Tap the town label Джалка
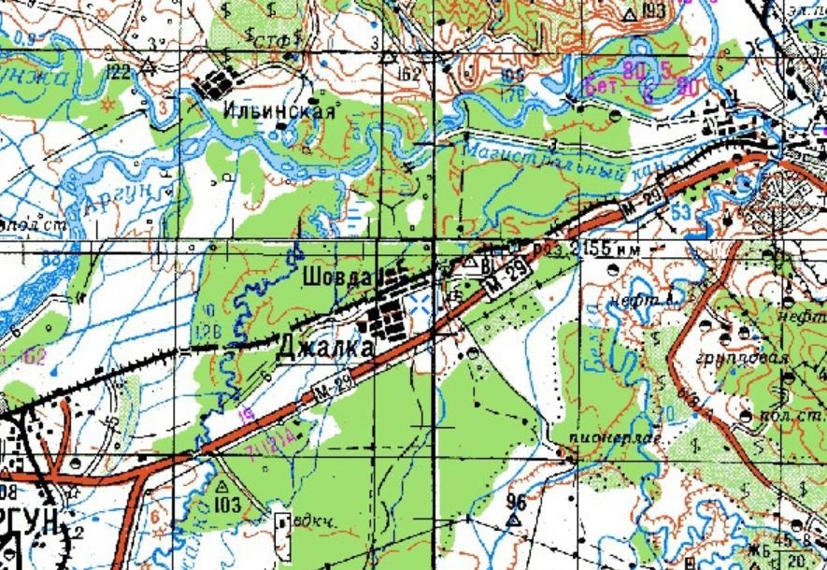(326, 348)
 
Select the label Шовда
(338, 278)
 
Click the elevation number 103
(227, 506)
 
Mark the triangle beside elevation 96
(512, 517)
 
